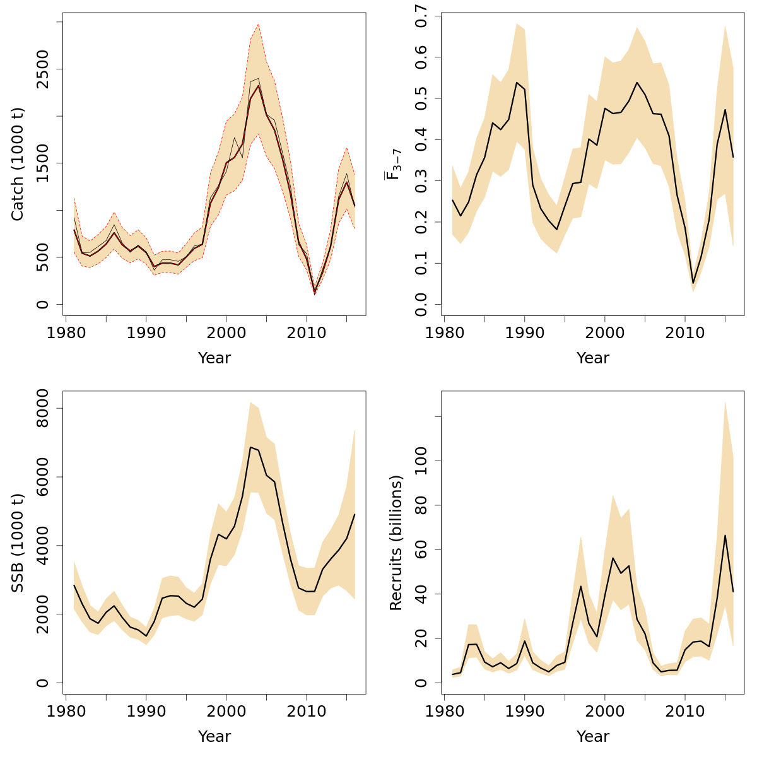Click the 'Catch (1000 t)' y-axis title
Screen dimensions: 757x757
pos(17,164)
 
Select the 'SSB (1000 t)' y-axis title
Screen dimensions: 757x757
pos(17,543)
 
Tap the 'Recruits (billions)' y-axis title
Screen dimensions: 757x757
pos(396,543)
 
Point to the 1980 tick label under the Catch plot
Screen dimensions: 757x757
pos(66,332)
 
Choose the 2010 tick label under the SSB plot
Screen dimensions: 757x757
pos(306,711)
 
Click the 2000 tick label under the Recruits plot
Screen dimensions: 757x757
pos(605,711)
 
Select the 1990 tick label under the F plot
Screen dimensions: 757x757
pos(525,332)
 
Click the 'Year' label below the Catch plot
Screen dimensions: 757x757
pos(214,358)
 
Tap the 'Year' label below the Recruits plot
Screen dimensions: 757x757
pos(593,737)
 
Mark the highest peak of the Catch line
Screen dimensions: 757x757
pos(259,86)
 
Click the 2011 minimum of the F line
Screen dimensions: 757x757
pos(693,283)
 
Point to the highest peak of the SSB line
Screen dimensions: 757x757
pos(250,447)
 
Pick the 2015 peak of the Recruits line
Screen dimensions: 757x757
pos(725,535)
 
